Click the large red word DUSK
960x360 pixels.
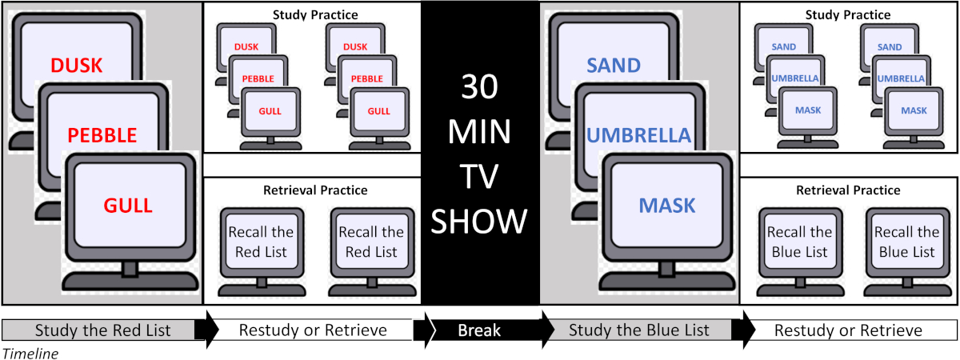tap(76, 65)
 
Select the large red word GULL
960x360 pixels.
tap(128, 206)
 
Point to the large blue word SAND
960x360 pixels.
tap(614, 65)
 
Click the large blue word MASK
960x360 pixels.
tap(667, 206)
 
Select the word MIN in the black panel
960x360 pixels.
tap(480, 130)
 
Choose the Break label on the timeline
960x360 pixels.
tap(480, 330)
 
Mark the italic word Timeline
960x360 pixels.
tap(30, 353)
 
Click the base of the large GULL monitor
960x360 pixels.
tap(130, 282)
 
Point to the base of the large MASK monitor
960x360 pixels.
tap(669, 282)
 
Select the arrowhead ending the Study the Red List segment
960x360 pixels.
tap(207, 330)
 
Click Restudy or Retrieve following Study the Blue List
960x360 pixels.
tap(854, 330)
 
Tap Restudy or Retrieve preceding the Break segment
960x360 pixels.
tap(313, 330)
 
